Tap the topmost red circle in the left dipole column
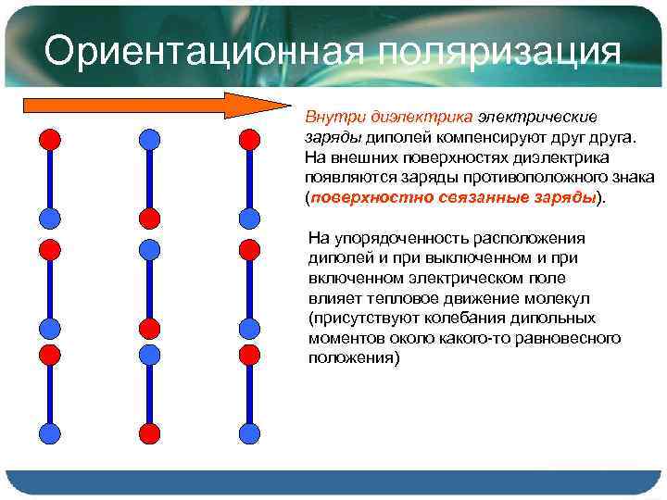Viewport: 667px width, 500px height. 50,140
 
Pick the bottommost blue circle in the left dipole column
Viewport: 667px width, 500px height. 50,432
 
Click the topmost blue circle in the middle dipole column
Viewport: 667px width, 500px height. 149,140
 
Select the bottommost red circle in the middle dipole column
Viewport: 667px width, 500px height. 149,432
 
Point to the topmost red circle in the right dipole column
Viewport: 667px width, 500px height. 247,140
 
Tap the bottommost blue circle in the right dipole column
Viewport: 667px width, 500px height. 247,432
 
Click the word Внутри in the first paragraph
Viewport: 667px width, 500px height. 334,118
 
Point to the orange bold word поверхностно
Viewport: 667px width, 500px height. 358,197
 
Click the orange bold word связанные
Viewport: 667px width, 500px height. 463,197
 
